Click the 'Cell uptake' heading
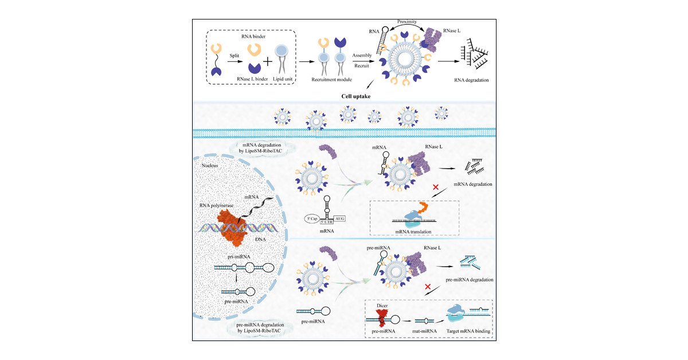click(344, 95)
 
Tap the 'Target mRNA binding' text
click(469, 331)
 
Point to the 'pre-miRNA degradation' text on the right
click(469, 280)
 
